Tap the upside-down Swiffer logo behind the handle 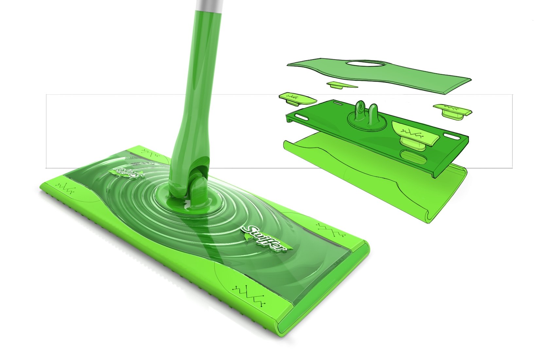click(128, 171)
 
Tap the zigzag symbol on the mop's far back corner click(150, 152)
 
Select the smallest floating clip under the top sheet click(342, 85)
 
